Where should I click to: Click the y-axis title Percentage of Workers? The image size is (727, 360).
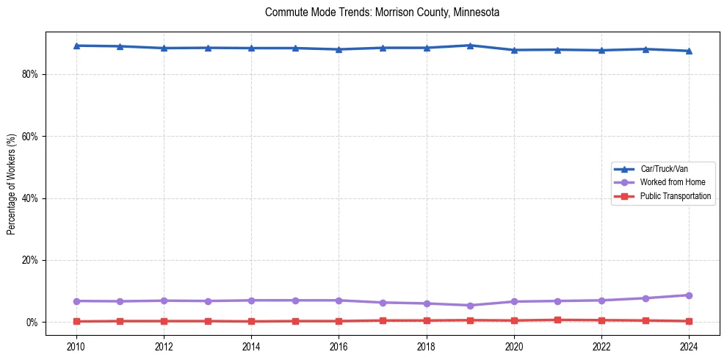[12, 184]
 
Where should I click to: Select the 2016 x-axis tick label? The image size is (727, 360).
[339, 346]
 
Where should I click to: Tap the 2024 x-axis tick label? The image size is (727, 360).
[689, 346]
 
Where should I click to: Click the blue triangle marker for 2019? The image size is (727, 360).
[470, 46]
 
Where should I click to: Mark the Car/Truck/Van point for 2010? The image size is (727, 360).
[76, 46]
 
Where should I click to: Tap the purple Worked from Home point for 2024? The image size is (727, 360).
[689, 295]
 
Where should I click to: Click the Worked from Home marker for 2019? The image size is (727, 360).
[470, 306]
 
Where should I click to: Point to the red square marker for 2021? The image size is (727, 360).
[557, 320]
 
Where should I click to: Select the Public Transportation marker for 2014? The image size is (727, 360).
[251, 322]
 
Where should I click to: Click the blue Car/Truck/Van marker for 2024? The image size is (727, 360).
[689, 51]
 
